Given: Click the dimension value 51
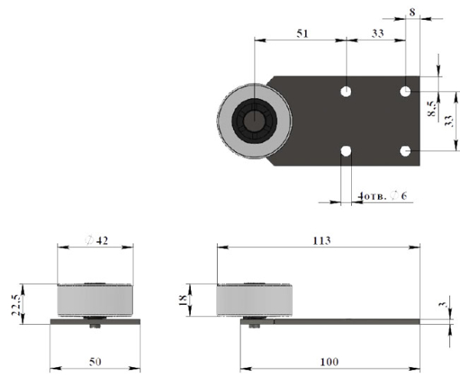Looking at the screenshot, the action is (x=303, y=34).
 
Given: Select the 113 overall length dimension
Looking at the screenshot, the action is (x=321, y=240).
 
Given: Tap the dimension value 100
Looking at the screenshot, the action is (x=329, y=362).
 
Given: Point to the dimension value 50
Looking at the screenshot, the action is (x=95, y=362).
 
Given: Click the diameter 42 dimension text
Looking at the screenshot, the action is (x=97, y=240).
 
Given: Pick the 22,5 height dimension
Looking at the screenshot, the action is (x=16, y=305).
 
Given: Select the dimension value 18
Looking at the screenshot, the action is (x=182, y=300).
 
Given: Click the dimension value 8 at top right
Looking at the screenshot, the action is (x=412, y=12).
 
